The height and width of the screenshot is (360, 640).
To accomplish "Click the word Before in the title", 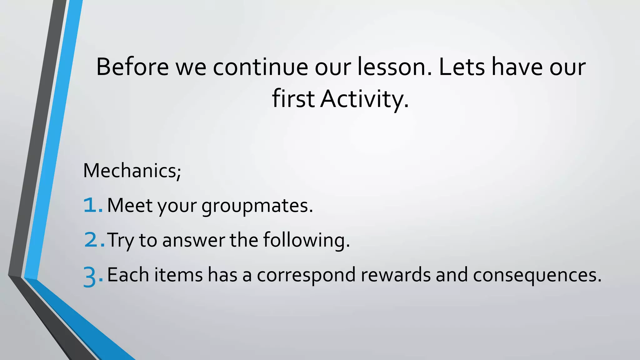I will (132, 67).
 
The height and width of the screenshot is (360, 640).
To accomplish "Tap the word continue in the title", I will (260, 67).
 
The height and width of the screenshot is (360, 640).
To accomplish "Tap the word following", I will (306, 240).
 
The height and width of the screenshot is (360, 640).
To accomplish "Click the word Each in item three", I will (128, 275).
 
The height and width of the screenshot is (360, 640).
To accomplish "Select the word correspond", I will (306, 275).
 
